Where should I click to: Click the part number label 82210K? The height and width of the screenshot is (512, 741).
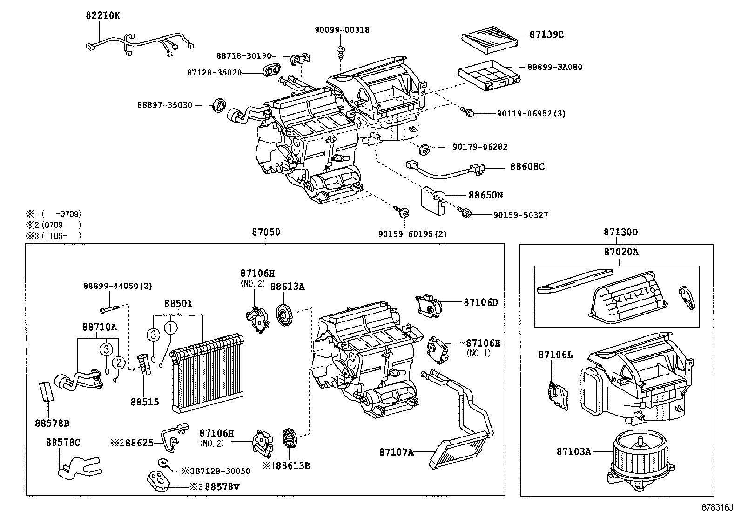click(102, 15)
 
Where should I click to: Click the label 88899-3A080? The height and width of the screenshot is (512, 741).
click(554, 67)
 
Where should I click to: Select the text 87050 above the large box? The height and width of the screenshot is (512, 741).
click(266, 232)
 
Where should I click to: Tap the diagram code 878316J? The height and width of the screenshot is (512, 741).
click(717, 507)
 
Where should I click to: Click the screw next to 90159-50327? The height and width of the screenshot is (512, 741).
click(465, 212)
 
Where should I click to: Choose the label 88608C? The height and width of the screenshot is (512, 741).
click(527, 167)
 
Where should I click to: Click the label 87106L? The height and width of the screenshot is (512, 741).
click(555, 355)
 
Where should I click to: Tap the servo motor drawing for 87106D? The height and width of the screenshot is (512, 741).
click(430, 305)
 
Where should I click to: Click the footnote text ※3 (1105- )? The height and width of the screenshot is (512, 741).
click(54, 236)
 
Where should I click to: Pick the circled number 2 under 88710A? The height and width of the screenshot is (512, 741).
click(119, 362)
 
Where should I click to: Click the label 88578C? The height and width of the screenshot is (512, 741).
click(63, 442)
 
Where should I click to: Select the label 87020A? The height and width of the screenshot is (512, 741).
click(621, 252)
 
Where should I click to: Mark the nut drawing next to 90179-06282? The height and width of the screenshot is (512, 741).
click(424, 150)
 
